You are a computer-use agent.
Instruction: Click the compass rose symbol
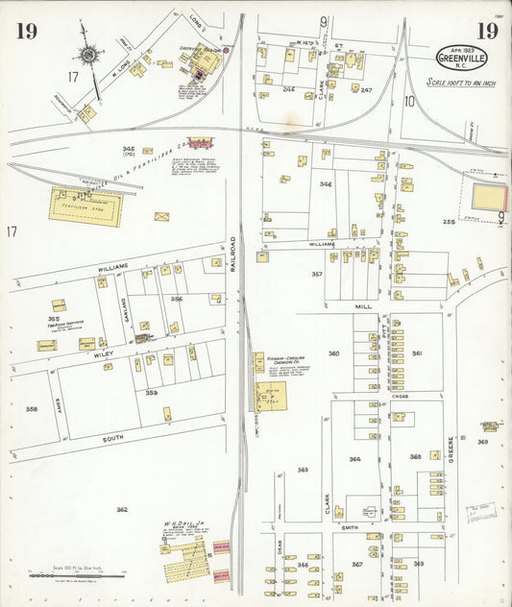click(x=90, y=55)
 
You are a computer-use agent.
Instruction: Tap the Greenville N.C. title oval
click(x=461, y=57)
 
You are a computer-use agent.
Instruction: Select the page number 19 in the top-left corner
click(x=26, y=32)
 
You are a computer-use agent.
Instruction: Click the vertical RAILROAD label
click(x=232, y=269)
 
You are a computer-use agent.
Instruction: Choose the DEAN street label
click(x=280, y=546)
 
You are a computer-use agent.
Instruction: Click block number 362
click(x=122, y=509)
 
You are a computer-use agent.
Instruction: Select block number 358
click(x=31, y=409)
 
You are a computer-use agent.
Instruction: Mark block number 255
click(x=448, y=222)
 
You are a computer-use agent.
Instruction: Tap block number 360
click(x=333, y=353)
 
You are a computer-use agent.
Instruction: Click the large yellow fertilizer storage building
click(x=86, y=205)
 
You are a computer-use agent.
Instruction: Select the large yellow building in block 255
click(x=489, y=198)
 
